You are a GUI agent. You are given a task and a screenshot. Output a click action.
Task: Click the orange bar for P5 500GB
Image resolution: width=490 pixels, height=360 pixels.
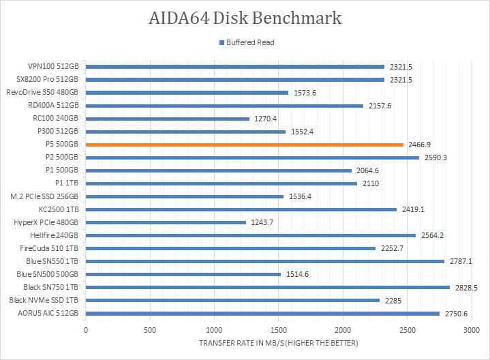point(245,145)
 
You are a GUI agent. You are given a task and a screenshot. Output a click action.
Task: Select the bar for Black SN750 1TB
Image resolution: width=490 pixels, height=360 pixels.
point(268,287)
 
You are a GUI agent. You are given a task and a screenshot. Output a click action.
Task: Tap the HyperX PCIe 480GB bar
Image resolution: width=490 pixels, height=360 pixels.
point(166,222)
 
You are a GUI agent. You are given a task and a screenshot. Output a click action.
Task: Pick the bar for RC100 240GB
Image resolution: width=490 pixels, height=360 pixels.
point(168,119)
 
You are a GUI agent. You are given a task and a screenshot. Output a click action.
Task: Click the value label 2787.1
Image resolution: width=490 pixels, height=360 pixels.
point(461,261)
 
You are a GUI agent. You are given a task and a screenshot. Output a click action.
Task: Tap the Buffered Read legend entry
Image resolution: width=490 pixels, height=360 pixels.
point(246,42)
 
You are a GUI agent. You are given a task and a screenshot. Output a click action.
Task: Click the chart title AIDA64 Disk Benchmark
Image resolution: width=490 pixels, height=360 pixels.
point(245,18)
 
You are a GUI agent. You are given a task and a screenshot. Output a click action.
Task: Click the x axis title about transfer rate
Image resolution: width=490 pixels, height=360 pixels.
point(279,342)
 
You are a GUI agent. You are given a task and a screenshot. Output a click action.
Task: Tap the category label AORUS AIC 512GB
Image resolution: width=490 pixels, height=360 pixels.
point(48,313)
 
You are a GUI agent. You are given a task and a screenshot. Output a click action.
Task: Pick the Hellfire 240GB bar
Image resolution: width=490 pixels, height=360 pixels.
point(251,235)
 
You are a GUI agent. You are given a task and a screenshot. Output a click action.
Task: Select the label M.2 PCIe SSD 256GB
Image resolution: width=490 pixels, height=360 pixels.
point(45,196)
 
